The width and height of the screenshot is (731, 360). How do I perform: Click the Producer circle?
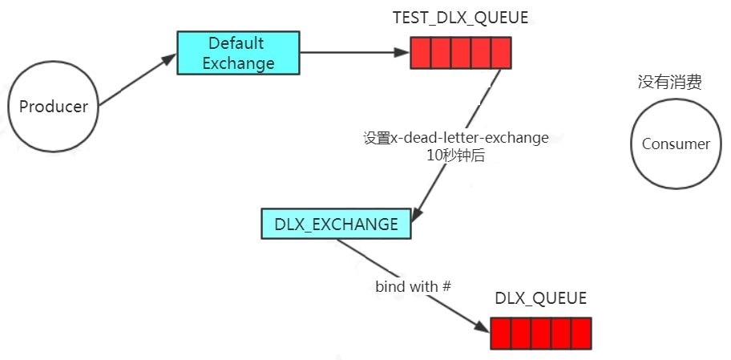coord(54,107)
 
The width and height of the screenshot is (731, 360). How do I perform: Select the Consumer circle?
coord(676,144)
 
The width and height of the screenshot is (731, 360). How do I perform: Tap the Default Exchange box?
coord(238,53)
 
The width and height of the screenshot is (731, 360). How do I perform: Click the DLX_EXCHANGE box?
coord(336,224)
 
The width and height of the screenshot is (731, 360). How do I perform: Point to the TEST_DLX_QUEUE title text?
coord(460,18)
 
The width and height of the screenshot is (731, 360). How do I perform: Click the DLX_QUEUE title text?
coord(540,298)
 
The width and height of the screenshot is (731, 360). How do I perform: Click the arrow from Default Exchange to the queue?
coord(353,53)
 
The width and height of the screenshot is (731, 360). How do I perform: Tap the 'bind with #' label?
coord(407,286)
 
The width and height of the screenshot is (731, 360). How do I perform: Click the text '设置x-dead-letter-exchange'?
coord(455,138)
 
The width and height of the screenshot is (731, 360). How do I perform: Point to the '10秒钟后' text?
coord(455,156)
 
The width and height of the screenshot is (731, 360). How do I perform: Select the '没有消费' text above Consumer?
coord(669,82)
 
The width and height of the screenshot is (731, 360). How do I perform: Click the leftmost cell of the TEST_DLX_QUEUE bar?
coord(421,54)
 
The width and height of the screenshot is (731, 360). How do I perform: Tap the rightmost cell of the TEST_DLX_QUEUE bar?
coord(501,54)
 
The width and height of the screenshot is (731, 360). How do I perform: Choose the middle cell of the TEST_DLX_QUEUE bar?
coord(461,54)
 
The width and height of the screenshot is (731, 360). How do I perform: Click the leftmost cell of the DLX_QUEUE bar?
coord(500,333)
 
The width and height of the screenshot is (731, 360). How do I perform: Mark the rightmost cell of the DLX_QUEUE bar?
coord(581,333)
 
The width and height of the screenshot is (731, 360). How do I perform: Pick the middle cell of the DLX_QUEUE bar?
coord(541,333)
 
